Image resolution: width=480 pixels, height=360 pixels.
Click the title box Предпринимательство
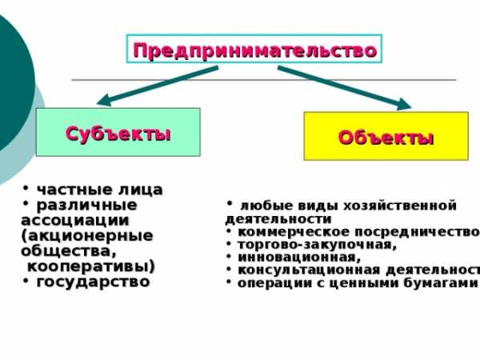[x=254, y=50]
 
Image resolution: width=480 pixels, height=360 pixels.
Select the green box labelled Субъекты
[x=118, y=132]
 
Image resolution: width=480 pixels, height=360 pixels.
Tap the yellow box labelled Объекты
[x=386, y=137]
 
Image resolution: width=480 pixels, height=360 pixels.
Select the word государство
[x=93, y=282]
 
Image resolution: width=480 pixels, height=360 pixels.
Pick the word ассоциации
[x=74, y=220]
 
